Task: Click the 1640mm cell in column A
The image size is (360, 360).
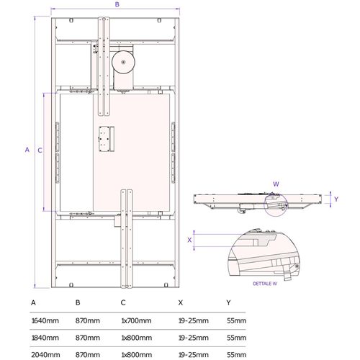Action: click(x=45, y=320)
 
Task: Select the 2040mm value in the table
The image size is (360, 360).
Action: click(x=45, y=355)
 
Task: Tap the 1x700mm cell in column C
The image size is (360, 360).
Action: click(x=136, y=320)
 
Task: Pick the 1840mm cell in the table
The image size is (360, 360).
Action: click(x=45, y=338)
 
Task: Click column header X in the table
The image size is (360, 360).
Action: click(x=181, y=302)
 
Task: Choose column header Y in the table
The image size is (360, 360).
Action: click(x=228, y=302)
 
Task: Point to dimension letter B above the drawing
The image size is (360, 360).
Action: click(x=117, y=4)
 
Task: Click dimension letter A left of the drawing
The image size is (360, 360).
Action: click(x=27, y=150)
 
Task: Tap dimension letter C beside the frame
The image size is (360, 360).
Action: click(x=40, y=150)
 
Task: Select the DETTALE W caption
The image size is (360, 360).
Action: click(x=265, y=284)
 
